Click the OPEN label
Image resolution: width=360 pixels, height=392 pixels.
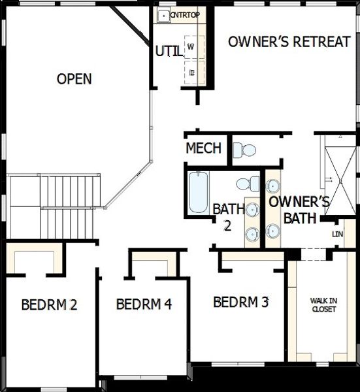click(74, 79)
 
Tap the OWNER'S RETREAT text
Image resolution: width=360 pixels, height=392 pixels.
click(289, 42)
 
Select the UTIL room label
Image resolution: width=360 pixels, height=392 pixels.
click(169, 51)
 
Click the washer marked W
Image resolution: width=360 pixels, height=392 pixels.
click(191, 47)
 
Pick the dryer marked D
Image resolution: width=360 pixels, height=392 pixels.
click(191, 72)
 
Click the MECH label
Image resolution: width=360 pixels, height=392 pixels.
click(203, 148)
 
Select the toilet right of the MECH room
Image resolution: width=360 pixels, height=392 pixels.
click(244, 150)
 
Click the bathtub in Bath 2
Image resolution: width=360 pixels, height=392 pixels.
click(198, 192)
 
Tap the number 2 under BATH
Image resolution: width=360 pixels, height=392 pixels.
click(227, 225)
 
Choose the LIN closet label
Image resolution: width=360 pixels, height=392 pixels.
click(337, 234)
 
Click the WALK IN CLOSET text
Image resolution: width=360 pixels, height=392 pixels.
click(323, 305)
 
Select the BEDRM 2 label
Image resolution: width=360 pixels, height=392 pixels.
click(50, 304)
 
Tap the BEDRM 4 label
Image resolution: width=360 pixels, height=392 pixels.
click(144, 304)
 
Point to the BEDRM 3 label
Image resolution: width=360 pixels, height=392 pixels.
click(241, 302)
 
